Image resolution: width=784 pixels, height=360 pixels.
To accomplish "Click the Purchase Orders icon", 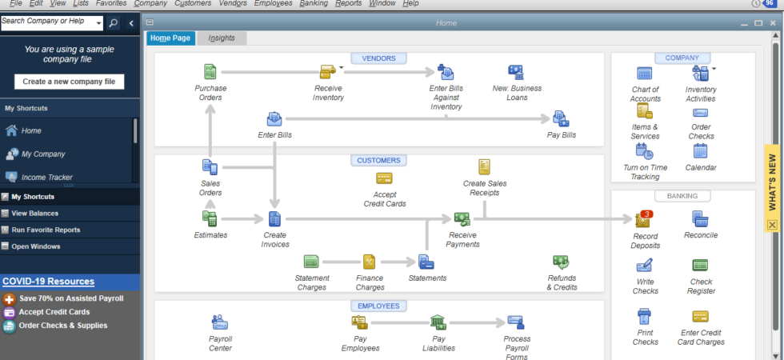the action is coord(210,72).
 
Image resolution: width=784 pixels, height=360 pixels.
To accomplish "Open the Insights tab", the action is coord(222,38).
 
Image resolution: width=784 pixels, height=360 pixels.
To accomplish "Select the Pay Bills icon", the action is coord(561,118).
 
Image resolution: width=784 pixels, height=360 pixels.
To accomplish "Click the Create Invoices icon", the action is coord(275,218).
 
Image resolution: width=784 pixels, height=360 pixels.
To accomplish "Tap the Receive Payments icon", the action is coord(462,218).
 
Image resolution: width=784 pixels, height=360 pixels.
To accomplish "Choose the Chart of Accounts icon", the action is coord(645,74).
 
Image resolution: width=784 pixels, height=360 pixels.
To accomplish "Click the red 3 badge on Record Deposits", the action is coord(646,214).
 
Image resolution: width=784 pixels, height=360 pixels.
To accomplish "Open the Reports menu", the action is coord(349,3).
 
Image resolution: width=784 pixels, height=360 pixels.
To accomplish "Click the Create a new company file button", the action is coord(69,82).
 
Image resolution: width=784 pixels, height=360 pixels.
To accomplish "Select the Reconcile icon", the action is coord(700,218).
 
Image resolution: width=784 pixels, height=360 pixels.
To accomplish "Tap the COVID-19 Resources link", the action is coord(48,282).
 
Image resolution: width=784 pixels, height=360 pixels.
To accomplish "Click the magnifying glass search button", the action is coord(114,23).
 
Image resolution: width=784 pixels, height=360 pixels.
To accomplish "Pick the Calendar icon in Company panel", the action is coord(700,151).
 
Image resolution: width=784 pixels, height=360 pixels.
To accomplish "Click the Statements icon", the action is coord(426,262).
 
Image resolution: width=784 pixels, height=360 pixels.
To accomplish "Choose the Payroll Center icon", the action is coord(220,322).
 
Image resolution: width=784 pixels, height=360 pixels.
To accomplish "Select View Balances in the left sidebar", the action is coord(35,214).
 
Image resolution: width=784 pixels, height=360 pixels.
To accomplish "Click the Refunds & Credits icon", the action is coord(561,262).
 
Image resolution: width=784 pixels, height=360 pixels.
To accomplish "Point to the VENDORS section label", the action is coord(378,58).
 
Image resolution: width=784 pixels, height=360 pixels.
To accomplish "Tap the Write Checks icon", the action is coord(645,265).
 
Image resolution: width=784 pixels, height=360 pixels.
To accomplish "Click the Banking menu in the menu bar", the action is coord(314,3).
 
